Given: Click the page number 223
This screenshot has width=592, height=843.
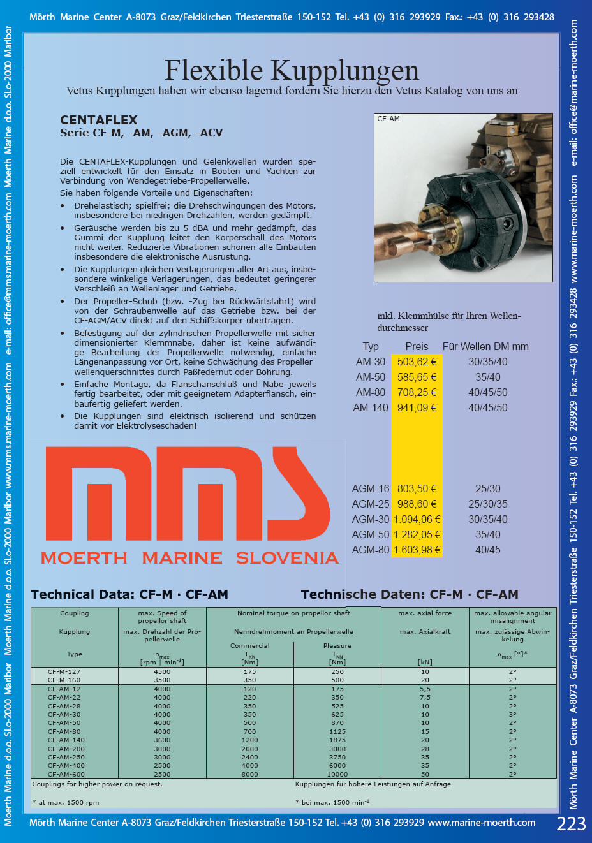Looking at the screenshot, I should point(571,824).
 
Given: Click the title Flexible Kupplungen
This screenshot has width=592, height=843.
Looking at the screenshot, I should point(292,70).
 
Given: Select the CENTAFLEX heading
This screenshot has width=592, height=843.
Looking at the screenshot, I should point(99,120).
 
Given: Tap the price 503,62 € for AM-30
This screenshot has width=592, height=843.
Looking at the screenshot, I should point(417,362).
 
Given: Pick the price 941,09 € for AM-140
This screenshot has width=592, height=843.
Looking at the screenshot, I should point(417,407).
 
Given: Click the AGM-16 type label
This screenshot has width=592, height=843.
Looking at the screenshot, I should point(370,488).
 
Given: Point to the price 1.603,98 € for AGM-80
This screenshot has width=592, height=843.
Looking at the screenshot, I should point(417,550).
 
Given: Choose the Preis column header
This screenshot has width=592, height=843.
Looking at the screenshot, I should point(417,346).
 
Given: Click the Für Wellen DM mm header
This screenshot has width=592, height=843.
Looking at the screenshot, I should point(485,346).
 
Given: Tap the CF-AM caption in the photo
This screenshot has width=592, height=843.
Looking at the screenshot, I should point(389,119).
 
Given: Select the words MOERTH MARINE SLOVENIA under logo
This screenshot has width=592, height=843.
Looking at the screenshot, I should point(189,558).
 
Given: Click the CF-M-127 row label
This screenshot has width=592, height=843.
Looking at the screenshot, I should point(64,671).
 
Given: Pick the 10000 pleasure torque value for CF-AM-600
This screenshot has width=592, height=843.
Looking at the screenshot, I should point(337,774).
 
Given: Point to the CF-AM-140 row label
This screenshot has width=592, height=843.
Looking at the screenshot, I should point(66,740).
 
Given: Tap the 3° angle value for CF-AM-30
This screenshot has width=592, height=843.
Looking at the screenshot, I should point(512,715).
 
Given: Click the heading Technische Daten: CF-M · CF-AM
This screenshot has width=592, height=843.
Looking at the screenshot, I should point(410,594).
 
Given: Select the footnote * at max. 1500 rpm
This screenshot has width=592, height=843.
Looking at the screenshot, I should point(66,802).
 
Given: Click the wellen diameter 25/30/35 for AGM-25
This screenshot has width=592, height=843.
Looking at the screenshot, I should point(488,504).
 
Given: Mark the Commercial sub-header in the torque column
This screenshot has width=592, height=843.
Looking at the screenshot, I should point(249,645).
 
